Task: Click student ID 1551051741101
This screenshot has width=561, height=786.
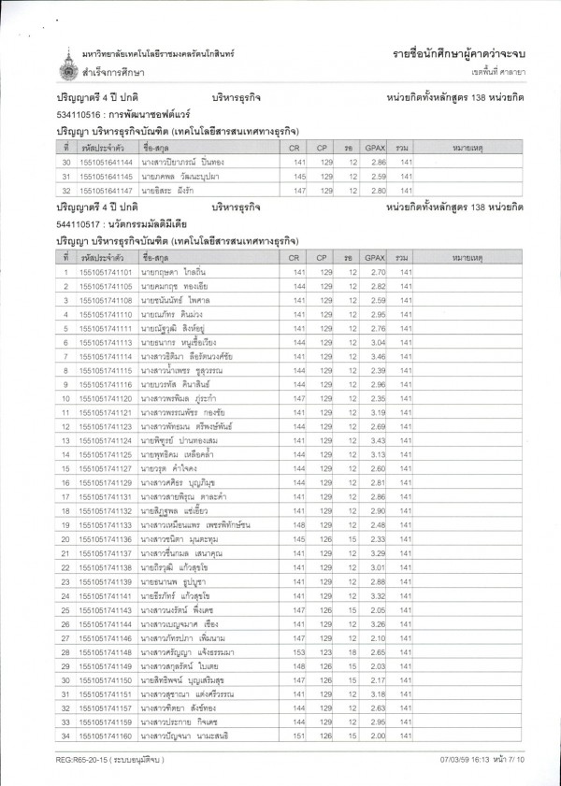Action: click(x=106, y=271)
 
